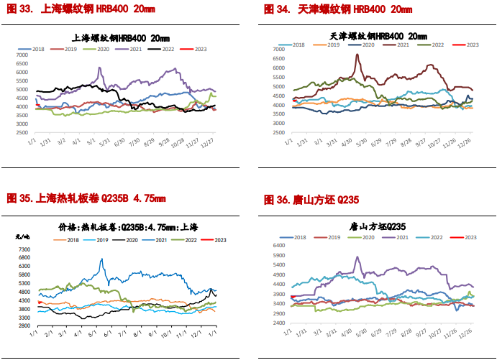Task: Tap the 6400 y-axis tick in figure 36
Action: point(278,245)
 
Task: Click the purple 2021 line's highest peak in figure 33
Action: point(99,68)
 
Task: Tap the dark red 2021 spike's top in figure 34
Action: point(357,55)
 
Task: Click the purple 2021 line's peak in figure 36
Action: point(357,257)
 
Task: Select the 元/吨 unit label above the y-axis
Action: point(22,236)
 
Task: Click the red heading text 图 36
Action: point(276,198)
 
